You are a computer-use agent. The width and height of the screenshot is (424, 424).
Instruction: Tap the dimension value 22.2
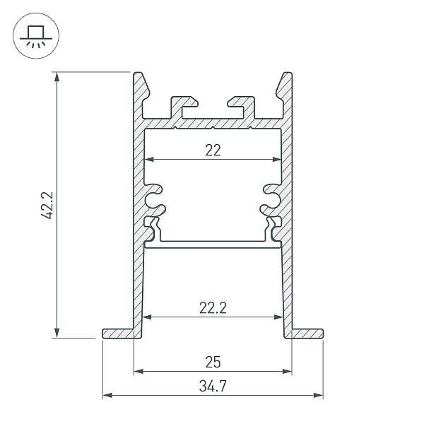pyautogui.click(x=213, y=308)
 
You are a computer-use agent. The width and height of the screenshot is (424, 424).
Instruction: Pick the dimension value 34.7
pyautogui.click(x=213, y=387)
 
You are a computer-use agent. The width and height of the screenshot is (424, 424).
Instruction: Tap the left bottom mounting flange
pyautogui.click(x=117, y=333)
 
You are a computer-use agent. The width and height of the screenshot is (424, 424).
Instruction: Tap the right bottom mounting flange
pyautogui.click(x=308, y=333)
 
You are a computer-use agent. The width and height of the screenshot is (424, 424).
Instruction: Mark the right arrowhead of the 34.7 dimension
pyautogui.click(x=319, y=394)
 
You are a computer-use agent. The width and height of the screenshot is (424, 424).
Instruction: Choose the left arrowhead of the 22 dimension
pyautogui.click(x=148, y=159)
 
